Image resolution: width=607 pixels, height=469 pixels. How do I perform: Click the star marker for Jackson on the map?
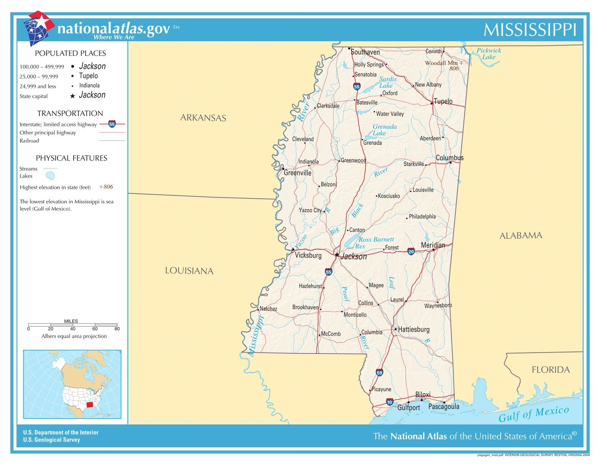click(x=337, y=255)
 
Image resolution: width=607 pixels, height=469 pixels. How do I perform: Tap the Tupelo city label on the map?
click(x=443, y=101)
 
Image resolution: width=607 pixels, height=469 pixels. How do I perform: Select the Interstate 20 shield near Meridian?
click(x=411, y=251)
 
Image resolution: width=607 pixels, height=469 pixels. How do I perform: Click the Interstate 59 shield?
click(x=379, y=373)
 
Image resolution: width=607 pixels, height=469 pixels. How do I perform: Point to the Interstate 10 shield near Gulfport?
click(x=390, y=402)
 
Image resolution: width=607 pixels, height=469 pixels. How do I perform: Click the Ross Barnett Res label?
click(x=376, y=243)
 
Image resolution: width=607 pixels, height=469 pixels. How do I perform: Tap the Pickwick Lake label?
click(x=489, y=54)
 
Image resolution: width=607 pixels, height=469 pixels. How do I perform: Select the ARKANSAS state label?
click(x=203, y=118)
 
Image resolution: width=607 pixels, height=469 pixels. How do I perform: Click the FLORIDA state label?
click(x=550, y=370)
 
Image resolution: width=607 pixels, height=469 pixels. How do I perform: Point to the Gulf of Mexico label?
click(x=534, y=414)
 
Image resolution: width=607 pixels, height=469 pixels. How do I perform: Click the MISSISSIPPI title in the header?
click(x=530, y=30)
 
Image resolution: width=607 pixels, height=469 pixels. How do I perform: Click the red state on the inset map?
click(x=90, y=405)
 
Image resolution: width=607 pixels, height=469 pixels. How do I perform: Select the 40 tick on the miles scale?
click(x=72, y=329)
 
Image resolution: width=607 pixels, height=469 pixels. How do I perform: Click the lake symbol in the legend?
click(x=50, y=176)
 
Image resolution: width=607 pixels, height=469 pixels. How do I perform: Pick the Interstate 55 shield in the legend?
click(x=112, y=124)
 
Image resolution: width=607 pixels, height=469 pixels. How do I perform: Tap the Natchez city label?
click(x=268, y=309)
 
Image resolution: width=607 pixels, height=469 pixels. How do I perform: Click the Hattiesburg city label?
click(x=414, y=329)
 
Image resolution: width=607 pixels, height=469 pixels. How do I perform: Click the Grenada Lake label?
click(x=384, y=130)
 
